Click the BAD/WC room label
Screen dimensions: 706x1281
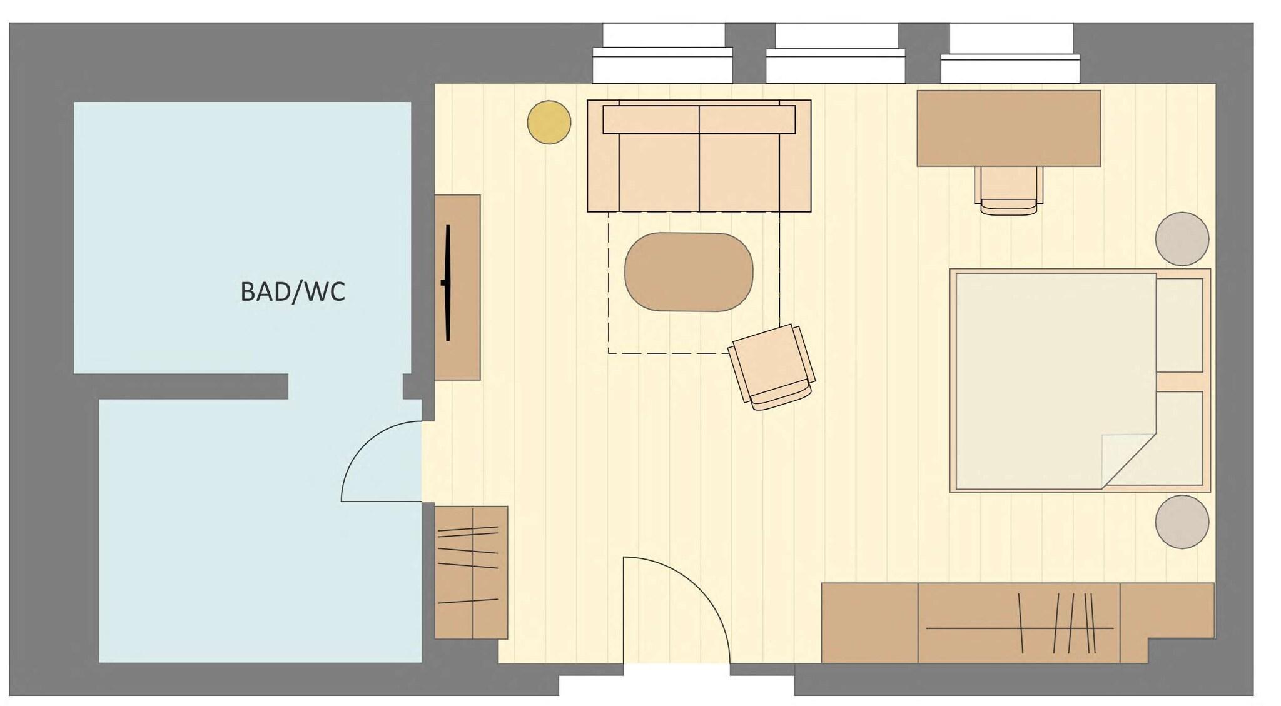point(293,292)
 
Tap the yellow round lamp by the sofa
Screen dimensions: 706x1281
point(549,123)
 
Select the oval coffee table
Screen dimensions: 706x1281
point(689,271)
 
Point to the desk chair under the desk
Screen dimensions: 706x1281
point(1008,189)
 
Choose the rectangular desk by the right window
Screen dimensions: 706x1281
point(1008,128)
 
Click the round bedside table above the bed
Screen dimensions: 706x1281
point(1182,239)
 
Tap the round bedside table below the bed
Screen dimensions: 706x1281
point(1182,522)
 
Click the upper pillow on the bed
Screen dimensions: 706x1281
point(1180,325)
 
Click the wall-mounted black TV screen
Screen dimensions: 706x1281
point(448,283)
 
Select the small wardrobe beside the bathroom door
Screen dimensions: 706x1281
point(471,572)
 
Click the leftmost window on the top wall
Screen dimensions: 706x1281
point(662,54)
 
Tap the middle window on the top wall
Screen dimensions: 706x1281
point(836,54)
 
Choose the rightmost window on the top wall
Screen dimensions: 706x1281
point(1010,54)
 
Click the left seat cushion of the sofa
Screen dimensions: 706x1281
point(659,172)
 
